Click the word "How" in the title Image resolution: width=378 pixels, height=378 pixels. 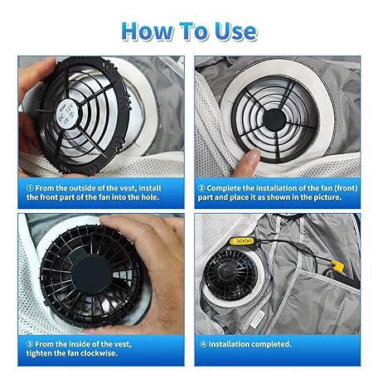(x=147, y=31)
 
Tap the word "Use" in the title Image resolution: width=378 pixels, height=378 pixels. (x=236, y=31)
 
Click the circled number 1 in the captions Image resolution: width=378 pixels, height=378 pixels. (x=30, y=188)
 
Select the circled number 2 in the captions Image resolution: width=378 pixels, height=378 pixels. (x=201, y=188)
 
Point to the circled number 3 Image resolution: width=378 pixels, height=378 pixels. (x=30, y=344)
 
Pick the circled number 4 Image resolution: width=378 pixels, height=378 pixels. (x=203, y=344)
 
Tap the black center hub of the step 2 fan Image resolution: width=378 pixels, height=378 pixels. (x=274, y=119)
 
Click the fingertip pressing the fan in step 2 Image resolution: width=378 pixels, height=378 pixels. (x=250, y=159)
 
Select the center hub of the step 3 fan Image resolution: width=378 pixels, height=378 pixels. (x=90, y=274)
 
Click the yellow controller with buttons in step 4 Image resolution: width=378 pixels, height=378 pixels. (x=242, y=241)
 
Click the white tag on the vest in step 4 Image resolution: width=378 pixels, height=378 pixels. (x=257, y=320)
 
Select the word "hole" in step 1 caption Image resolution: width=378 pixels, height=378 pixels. (x=150, y=197)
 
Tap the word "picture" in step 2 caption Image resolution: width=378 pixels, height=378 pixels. (x=327, y=197)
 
